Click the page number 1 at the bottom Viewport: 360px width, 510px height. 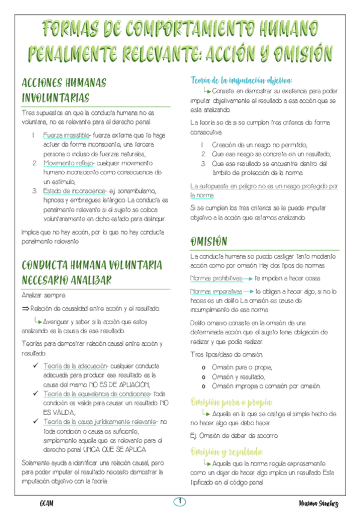[x=179, y=501]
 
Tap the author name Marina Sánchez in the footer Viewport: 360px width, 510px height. [x=318, y=503]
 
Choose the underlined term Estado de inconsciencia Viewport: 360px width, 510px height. [x=70, y=191]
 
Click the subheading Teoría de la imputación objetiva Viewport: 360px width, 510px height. [x=241, y=80]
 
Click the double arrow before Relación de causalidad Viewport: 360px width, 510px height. [x=25, y=309]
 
